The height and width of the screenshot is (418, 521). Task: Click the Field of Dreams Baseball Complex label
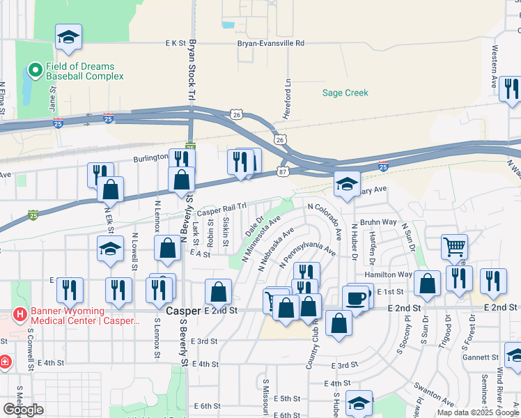click(85, 70)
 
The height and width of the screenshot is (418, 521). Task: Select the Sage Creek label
click(345, 93)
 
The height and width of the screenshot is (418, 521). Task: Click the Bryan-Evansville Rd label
click(271, 43)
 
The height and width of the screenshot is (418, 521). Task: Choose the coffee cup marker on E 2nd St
click(355, 297)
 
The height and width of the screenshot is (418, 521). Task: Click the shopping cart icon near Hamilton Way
click(453, 245)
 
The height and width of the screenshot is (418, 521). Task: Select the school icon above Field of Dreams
click(68, 37)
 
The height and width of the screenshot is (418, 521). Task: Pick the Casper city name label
click(182, 309)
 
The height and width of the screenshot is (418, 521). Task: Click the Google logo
click(23, 410)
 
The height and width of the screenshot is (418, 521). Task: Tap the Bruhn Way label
click(378, 222)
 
